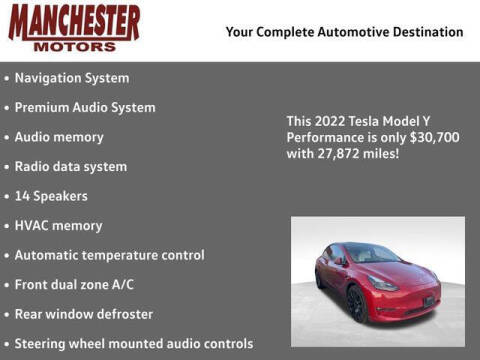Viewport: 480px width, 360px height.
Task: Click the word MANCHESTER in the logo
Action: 75,21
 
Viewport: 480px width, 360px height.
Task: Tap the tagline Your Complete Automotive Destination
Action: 344,32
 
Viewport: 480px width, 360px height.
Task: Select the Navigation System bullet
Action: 71,77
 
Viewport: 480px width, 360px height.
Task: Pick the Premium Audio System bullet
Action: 84,107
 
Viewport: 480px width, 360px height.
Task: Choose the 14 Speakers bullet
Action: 51,196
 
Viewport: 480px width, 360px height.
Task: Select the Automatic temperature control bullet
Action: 109,255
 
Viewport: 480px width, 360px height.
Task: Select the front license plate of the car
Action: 429,300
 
